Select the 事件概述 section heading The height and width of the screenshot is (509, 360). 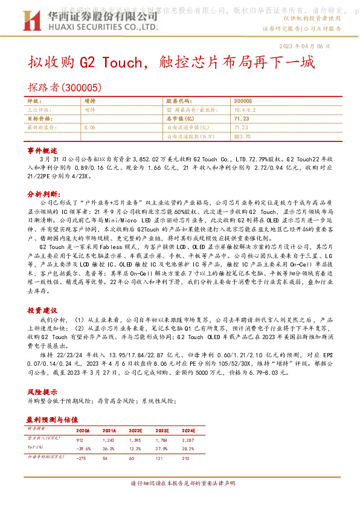tap(42, 149)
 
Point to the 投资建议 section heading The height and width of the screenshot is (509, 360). tap(42, 309)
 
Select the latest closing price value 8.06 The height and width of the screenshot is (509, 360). tap(91, 128)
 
